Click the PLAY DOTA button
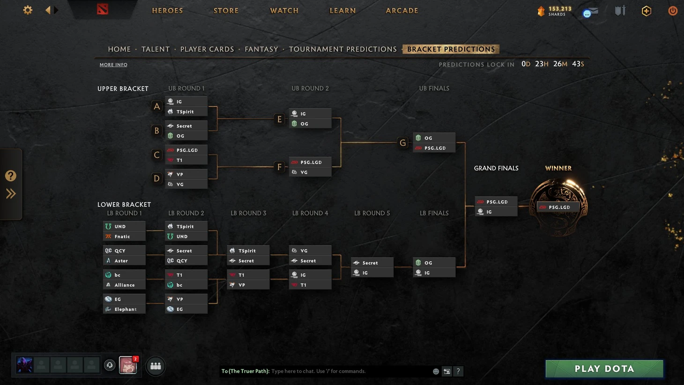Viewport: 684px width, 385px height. [x=604, y=369]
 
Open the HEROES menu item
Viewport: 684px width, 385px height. [x=167, y=10]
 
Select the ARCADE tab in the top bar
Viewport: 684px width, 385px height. [x=401, y=10]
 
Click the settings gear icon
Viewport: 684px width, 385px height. [x=28, y=10]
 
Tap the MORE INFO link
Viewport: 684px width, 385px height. [x=113, y=65]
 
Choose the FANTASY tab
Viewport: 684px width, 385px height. [x=261, y=49]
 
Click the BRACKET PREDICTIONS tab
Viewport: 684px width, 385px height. [x=451, y=49]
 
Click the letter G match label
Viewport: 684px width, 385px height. [x=402, y=143]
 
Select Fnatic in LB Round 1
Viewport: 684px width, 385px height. [x=124, y=236]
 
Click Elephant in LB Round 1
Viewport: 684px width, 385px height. [x=124, y=309]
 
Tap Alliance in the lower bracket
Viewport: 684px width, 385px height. [x=124, y=285]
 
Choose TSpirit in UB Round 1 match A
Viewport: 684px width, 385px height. [x=186, y=112]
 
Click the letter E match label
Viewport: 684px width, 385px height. [x=280, y=119]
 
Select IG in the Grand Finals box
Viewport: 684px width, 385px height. [x=496, y=212]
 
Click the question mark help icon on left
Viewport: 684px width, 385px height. [x=11, y=176]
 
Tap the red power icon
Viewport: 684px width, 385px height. [x=673, y=10]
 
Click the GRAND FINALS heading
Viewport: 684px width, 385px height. [x=496, y=168]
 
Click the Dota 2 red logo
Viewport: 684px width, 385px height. [x=103, y=9]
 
